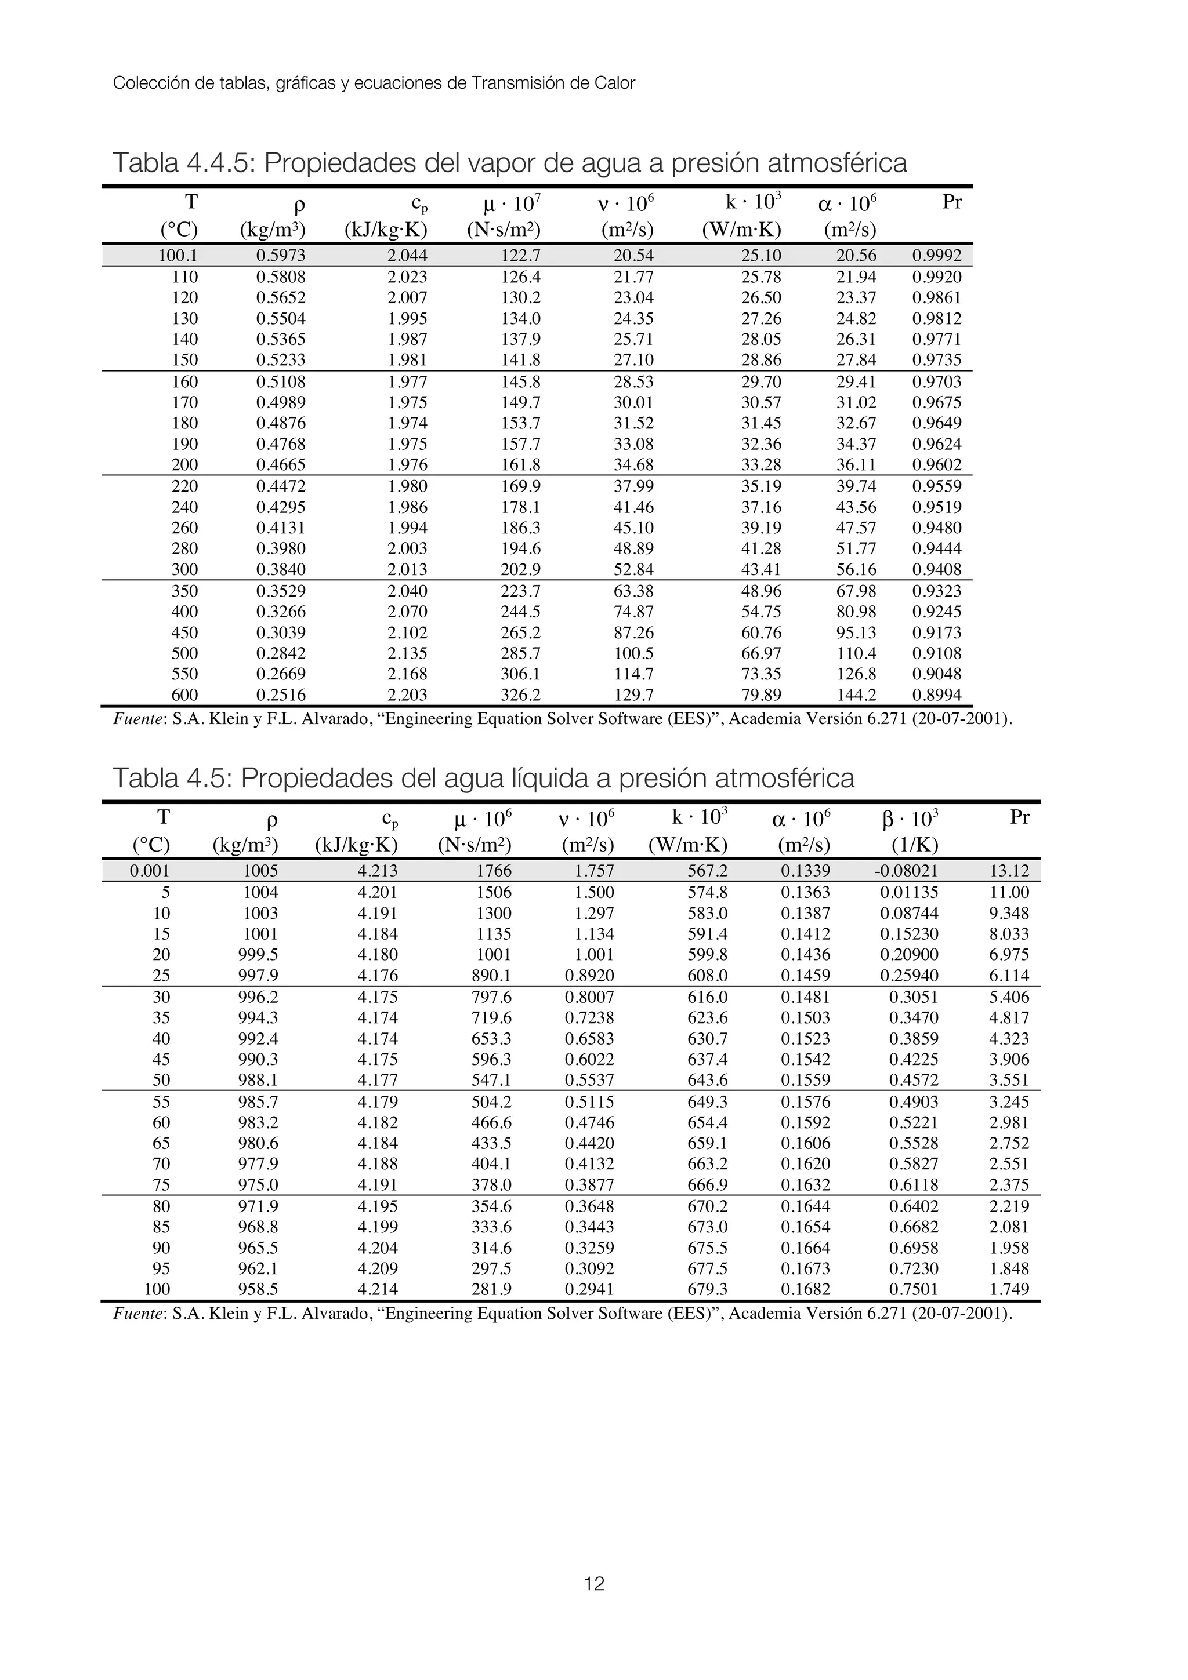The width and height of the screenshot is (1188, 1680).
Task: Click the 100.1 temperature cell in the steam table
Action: point(178,256)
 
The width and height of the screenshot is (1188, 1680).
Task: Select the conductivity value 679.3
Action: point(707,1289)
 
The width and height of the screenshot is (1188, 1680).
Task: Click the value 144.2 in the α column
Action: point(856,694)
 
